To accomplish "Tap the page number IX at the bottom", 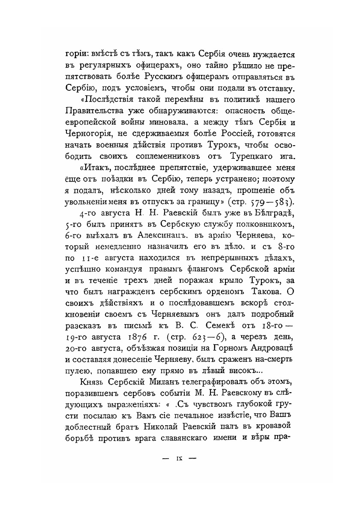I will click(179, 458).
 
